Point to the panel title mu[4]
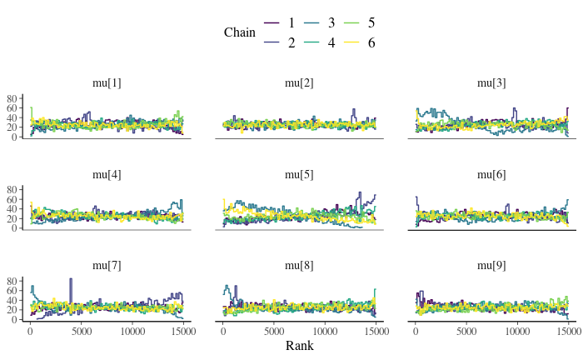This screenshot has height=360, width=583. (x=107, y=174)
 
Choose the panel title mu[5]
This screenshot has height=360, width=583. (x=299, y=174)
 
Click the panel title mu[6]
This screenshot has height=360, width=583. (x=491, y=174)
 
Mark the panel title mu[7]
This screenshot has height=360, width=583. (x=107, y=266)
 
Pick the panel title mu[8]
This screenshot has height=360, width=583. (x=299, y=266)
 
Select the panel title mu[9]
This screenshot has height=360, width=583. (x=491, y=266)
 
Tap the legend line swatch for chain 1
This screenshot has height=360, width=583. (x=272, y=23)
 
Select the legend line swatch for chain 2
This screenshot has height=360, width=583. (x=272, y=42)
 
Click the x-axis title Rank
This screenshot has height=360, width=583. (x=299, y=345)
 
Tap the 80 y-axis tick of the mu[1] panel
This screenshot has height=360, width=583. (x=12, y=98)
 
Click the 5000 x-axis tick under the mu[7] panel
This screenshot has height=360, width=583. (x=82, y=331)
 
